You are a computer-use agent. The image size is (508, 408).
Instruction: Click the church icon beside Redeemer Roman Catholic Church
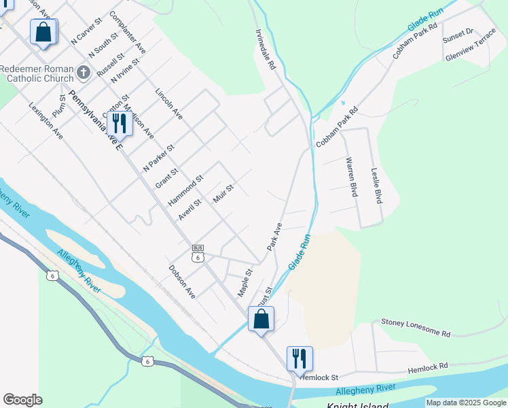pos(83,72)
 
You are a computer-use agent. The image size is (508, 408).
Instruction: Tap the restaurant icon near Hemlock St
pos(299,358)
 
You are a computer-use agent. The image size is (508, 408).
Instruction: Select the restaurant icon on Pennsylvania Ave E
pos(117,123)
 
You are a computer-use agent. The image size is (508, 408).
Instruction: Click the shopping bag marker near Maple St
pos(261,319)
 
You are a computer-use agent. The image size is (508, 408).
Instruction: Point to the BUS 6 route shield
pos(198,254)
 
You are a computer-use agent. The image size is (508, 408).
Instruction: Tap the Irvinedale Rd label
pos(266,50)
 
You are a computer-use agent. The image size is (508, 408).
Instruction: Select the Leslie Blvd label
pos(376,186)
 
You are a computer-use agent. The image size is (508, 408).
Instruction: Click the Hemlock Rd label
pos(428,368)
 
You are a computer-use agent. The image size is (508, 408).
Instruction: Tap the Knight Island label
pos(357,406)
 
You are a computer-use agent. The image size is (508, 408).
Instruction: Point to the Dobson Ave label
pos(182,282)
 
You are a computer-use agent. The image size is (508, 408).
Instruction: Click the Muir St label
pos(223,192)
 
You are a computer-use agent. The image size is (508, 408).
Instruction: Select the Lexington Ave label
pos(46,122)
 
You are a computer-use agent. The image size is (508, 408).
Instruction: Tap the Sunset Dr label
pos(458,36)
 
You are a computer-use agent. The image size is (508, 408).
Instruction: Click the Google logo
pos(22,399)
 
